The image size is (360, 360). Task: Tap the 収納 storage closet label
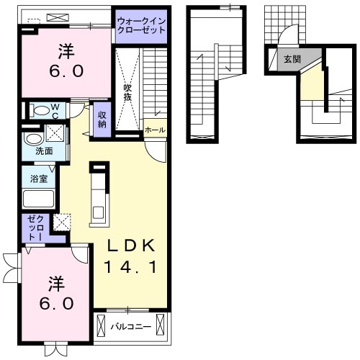(102, 119)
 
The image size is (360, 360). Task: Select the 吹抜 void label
(127, 92)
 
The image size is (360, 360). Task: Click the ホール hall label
(155, 130)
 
